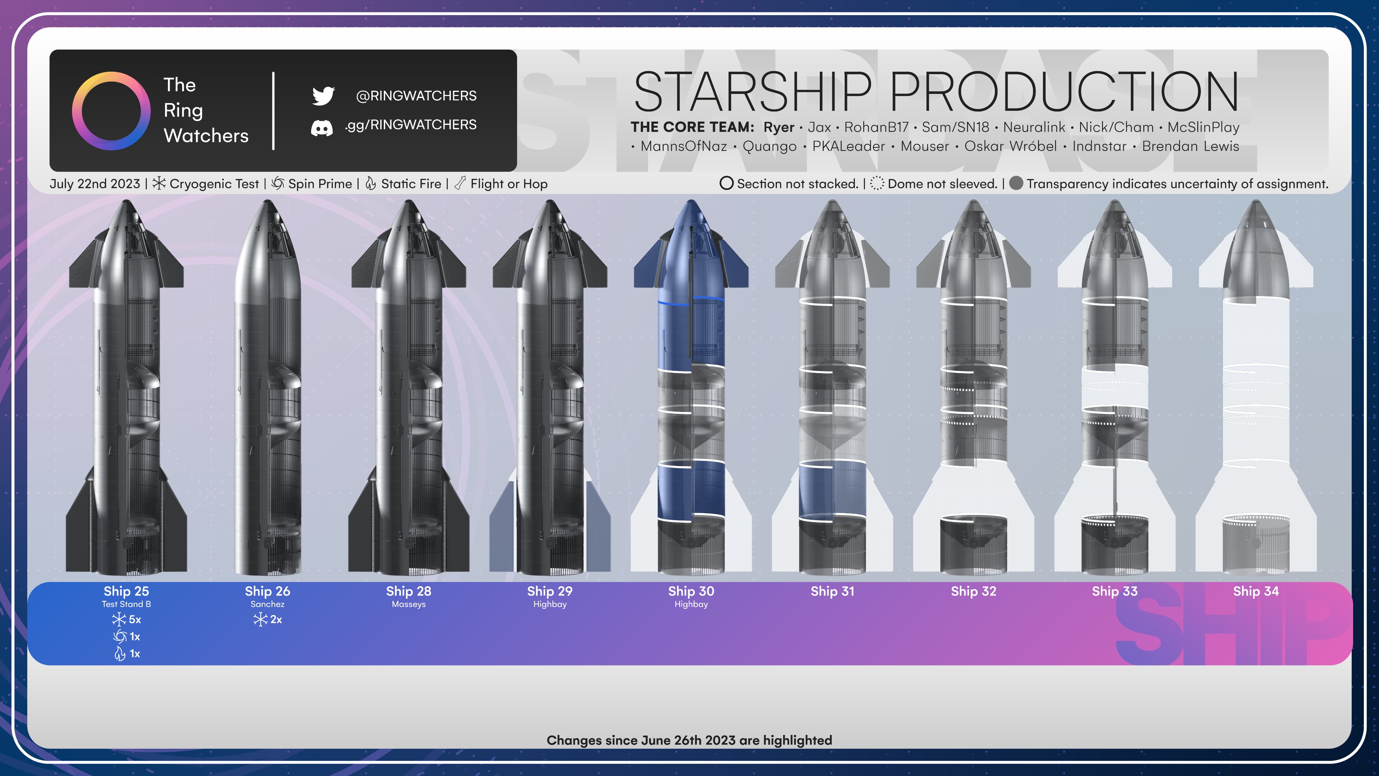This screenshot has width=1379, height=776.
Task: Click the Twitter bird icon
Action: pyautogui.click(x=323, y=96)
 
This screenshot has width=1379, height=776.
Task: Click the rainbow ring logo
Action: pyautogui.click(x=111, y=111)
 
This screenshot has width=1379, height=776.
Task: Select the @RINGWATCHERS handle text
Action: pyautogui.click(x=416, y=96)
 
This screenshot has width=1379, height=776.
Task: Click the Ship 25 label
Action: pyautogui.click(x=126, y=591)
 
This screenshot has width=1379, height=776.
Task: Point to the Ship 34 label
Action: pyautogui.click(x=1256, y=591)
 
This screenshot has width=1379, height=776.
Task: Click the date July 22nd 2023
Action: pyautogui.click(x=95, y=184)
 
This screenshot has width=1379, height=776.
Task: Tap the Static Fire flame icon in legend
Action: pyautogui.click(x=370, y=184)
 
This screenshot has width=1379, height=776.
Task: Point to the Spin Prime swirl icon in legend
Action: pyautogui.click(x=277, y=184)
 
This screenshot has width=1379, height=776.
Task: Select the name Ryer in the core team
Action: pyautogui.click(x=779, y=127)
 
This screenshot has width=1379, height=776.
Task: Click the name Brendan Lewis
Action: pyautogui.click(x=1190, y=146)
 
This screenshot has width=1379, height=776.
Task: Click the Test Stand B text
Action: pyautogui.click(x=126, y=604)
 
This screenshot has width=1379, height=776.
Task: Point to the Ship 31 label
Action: pyautogui.click(x=833, y=591)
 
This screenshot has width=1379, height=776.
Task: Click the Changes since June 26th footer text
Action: pyautogui.click(x=689, y=740)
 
